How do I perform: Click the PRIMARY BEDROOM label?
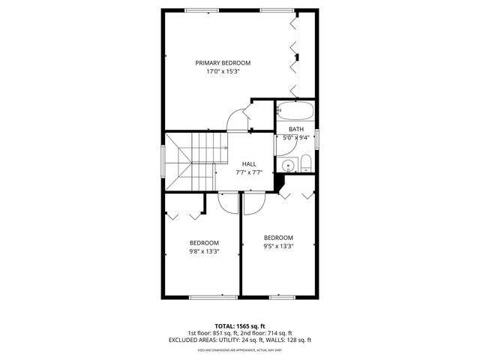[223, 63]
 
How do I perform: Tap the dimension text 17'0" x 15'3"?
[223, 72]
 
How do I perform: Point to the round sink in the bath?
[286, 166]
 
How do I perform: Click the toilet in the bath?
[306, 163]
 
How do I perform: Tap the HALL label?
[249, 163]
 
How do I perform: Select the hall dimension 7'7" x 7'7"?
[249, 172]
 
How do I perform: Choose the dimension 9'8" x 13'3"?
[203, 252]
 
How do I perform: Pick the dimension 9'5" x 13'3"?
[277, 246]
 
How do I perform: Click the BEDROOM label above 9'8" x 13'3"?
[203, 243]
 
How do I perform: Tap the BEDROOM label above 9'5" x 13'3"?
[277, 238]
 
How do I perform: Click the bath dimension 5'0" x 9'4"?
[295, 137]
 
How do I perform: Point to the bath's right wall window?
[316, 138]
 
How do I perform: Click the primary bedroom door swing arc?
[237, 118]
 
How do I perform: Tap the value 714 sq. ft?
[279, 333]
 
